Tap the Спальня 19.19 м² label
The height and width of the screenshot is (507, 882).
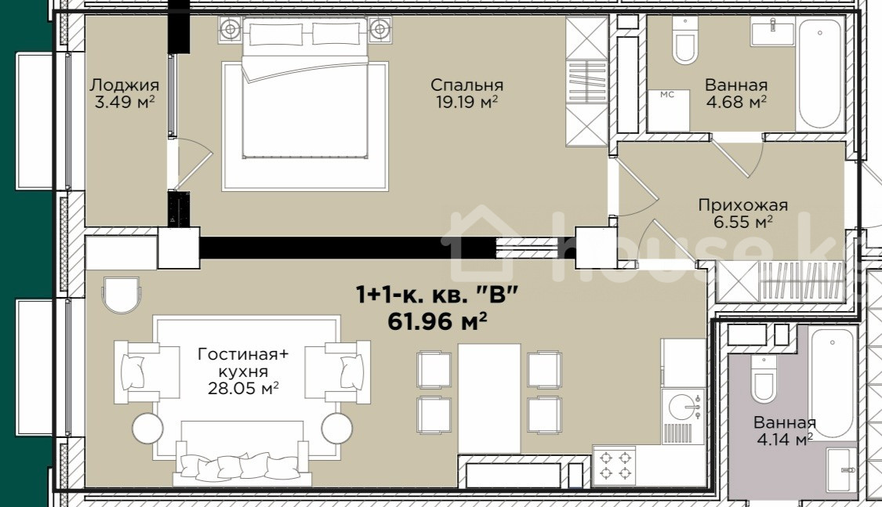(467, 93)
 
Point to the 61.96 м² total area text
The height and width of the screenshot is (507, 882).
(437, 321)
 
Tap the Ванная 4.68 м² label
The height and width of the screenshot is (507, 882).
(735, 93)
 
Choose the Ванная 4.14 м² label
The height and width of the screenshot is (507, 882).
(785, 430)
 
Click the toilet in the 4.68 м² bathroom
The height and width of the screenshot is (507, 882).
(685, 41)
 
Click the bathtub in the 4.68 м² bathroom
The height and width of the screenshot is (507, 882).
(821, 73)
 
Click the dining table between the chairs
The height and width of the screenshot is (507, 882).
(488, 398)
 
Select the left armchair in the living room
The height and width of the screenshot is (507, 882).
(137, 372)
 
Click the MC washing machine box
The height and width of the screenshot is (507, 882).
(668, 110)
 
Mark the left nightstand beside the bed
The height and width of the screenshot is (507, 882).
(230, 29)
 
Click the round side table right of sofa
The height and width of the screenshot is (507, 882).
(337, 429)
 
